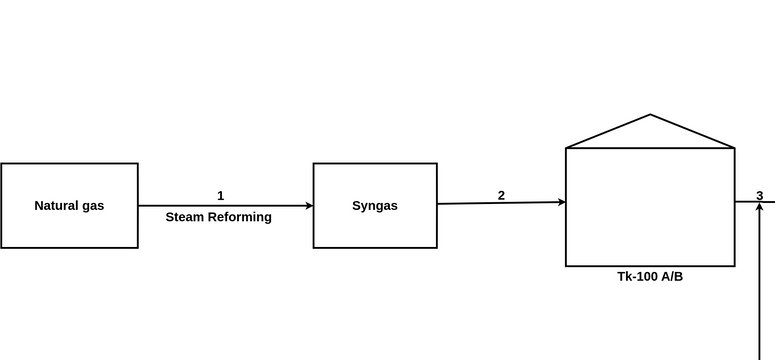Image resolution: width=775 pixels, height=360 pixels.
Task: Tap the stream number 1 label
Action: point(220,196)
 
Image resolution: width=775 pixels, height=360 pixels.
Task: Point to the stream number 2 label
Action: point(501,196)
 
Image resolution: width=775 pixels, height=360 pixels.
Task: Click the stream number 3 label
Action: point(760,196)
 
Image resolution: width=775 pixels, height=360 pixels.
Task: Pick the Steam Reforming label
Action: point(218,217)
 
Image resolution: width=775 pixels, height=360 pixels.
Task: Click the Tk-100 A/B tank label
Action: point(650,276)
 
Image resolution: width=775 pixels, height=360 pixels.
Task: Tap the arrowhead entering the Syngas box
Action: point(309,206)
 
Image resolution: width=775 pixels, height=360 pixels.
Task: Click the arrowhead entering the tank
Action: point(561,202)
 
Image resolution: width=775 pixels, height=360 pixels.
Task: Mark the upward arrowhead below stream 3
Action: point(760,205)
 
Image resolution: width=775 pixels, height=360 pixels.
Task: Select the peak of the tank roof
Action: point(650,115)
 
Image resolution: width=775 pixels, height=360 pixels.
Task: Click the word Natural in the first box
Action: point(53,206)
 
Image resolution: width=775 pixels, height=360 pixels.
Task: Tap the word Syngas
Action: point(375,206)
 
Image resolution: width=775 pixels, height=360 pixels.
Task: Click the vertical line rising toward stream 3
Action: point(760,281)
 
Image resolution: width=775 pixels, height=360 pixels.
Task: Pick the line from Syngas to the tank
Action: point(501,203)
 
